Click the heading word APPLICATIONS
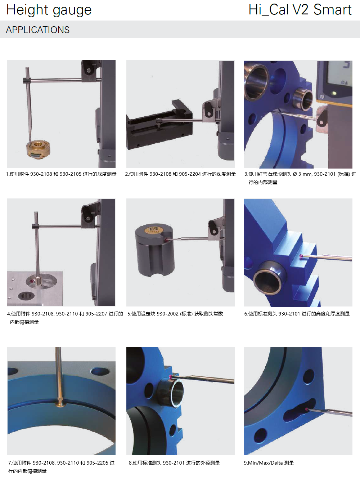pos(37,30)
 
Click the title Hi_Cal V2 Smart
pos(300,10)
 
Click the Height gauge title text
pos(49,10)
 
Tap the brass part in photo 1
pos(39,149)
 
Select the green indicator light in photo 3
pos(333,93)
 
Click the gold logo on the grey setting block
pos(154,229)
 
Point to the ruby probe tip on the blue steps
pos(301,257)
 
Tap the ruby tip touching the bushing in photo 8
pos(170,376)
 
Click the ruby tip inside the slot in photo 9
pos(307,409)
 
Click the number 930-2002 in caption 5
pos(168,314)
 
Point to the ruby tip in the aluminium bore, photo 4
pos(32,281)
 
